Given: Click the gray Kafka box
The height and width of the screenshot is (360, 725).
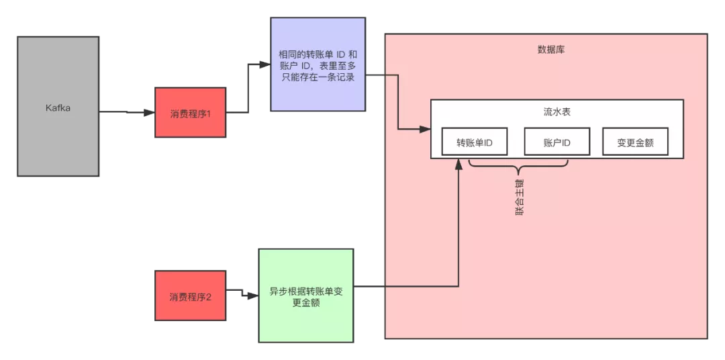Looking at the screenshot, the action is coord(58,106).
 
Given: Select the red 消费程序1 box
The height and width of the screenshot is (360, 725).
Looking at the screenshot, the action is coord(190,112).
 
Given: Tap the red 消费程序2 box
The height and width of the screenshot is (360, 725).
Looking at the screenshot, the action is coord(190,296).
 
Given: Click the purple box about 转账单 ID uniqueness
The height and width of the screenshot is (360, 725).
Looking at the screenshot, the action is coord(318,64).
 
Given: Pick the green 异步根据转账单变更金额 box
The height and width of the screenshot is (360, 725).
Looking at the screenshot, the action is coord(305,296).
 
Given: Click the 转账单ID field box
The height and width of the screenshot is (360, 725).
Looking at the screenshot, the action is coord(475,142).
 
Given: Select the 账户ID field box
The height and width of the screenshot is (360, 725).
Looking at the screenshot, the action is coord(557,142).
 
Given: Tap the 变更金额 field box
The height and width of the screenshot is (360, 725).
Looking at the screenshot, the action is coord(635,142).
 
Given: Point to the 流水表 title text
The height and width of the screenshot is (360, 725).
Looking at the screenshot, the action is coord(557,112).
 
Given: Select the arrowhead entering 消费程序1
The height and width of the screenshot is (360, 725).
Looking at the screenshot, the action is coord(149,112).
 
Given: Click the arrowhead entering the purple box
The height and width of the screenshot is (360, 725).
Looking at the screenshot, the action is coord(265,64).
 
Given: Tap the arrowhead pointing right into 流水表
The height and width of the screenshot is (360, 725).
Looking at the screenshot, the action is coord(425,130).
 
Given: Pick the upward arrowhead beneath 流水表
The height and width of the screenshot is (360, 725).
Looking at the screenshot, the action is coord(458,164).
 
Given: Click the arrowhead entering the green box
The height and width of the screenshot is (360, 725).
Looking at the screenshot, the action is coord(253,296).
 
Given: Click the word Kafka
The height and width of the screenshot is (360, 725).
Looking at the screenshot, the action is coord(58,108).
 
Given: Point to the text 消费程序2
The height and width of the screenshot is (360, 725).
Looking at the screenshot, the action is coord(190,297).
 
